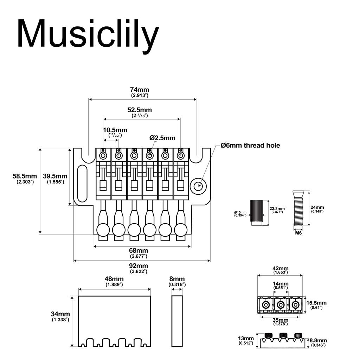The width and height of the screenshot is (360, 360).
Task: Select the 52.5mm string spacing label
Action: [140, 110]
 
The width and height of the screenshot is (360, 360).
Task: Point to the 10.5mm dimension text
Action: [115, 130]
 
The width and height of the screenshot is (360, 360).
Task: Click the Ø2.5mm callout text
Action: [162, 138]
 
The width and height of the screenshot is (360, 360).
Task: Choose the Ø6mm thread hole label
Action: [250, 145]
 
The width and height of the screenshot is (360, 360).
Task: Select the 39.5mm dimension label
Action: [55, 176]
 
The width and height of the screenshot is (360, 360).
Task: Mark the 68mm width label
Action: [139, 251]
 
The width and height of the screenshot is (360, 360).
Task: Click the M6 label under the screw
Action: [298, 233]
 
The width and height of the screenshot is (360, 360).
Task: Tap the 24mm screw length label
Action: [317, 207]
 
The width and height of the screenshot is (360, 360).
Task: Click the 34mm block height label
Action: [60, 314]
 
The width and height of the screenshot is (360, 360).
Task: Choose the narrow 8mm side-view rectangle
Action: [177, 321]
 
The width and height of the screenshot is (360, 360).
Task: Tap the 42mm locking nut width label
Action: [280, 269]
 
